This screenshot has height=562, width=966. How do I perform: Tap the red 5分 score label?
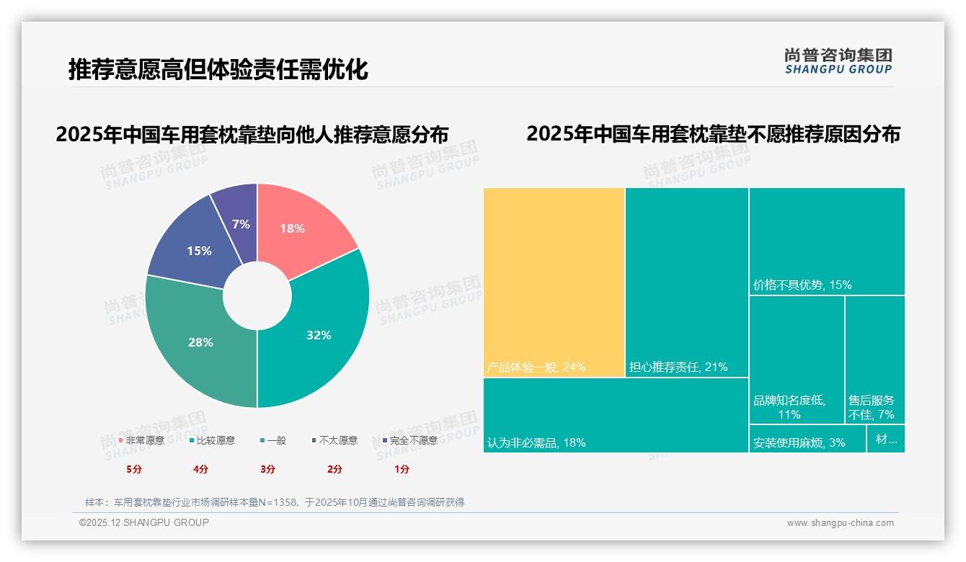134,469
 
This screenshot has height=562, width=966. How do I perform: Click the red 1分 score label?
402,469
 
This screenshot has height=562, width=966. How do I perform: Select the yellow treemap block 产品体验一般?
554,281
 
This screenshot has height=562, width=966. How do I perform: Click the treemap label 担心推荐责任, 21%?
678,367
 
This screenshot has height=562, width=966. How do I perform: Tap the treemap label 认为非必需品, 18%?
536,442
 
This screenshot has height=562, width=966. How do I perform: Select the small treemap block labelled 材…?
886,439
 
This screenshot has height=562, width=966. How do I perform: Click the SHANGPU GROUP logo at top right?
838,61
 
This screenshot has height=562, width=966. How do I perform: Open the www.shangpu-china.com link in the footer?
840,523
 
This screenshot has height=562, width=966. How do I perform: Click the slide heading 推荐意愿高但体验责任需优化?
218,69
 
